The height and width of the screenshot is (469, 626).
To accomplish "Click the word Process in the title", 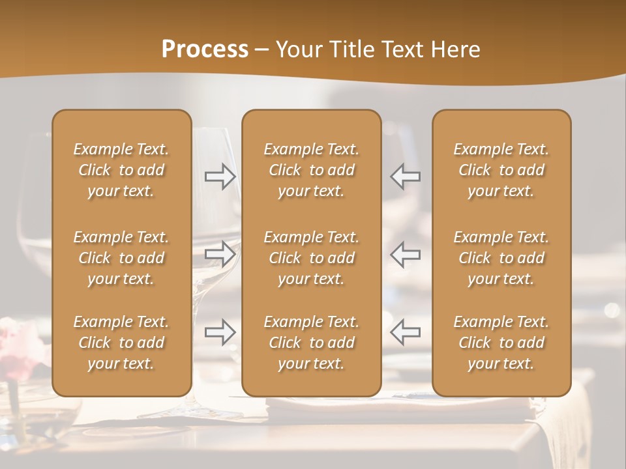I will click(205, 50).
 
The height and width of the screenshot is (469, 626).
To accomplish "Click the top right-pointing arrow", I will click(220, 177).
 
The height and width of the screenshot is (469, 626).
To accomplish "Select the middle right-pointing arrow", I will click(220, 253).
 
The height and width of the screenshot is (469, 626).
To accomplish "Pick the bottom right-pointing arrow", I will click(220, 332).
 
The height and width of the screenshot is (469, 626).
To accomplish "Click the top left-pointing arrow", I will click(405, 177).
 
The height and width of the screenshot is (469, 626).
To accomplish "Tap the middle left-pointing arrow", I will click(405, 253).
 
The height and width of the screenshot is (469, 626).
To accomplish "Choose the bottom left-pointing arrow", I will click(405, 332).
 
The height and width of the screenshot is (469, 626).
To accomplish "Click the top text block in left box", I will click(121, 170).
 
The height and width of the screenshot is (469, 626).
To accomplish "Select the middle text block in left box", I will click(121, 258).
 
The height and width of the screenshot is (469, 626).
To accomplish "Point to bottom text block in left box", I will click(121, 343).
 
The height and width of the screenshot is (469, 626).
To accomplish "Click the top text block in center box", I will click(311, 170).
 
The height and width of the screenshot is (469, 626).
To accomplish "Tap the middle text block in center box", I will click(311, 258).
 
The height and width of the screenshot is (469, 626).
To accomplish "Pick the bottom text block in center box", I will click(311, 343).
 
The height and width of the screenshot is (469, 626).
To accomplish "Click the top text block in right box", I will click(501, 170).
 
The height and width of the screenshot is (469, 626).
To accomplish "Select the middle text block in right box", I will click(501, 258).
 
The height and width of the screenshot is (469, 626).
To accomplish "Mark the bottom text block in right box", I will click(501, 343).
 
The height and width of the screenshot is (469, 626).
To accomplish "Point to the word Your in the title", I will click(299, 50).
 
